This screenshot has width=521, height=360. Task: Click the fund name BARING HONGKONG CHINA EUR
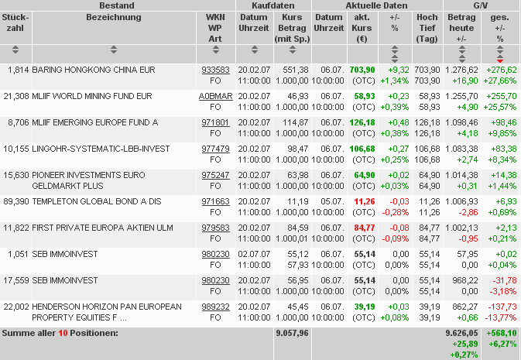(x=94, y=70)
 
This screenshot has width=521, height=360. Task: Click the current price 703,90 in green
(x=362, y=70)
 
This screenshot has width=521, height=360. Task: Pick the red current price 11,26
(x=364, y=201)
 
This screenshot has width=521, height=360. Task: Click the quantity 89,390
(x=15, y=201)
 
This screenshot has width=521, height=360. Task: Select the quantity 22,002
(x=15, y=307)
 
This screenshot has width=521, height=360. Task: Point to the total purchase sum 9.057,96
(x=292, y=334)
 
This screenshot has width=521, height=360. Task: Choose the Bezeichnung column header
(x=114, y=17)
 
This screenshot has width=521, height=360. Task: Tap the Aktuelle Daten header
(x=376, y=5)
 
